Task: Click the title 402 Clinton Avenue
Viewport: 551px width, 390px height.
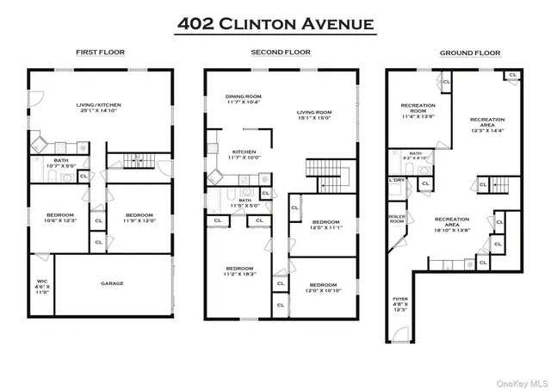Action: pos(275,23)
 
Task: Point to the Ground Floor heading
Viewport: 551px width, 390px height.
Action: pos(469,53)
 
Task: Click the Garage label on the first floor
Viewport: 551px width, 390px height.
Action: pos(112,283)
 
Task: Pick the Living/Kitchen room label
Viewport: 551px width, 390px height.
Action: pos(99,107)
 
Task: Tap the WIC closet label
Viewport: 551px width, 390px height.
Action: pos(42,286)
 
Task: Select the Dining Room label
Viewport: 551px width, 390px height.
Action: pos(244,99)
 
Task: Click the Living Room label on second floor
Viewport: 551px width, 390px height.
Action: pos(314,115)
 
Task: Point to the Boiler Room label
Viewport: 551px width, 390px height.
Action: pos(396,220)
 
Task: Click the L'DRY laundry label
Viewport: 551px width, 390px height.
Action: pos(397,180)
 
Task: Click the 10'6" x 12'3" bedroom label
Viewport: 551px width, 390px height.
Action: pos(59,218)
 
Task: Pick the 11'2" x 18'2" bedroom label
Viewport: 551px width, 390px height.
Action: pos(238,270)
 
